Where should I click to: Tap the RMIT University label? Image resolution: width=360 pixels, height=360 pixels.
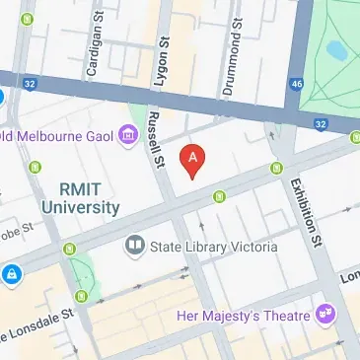pyautogui.click(x=81, y=197)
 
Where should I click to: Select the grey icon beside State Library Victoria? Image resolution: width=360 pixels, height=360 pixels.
pyautogui.click(x=134, y=245)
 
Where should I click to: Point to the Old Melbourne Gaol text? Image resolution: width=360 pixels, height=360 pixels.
pyautogui.click(x=55, y=136)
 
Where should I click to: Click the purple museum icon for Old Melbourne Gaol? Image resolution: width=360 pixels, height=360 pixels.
pyautogui.click(x=126, y=135)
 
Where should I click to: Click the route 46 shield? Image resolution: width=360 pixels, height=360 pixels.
pyautogui.click(x=297, y=86)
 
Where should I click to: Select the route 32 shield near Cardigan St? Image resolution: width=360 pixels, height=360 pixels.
pyautogui.click(x=32, y=86)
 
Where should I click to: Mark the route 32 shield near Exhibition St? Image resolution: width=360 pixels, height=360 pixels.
pyautogui.click(x=320, y=123)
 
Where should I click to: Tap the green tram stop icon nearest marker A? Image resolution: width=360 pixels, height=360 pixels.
pyautogui.click(x=219, y=193)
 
